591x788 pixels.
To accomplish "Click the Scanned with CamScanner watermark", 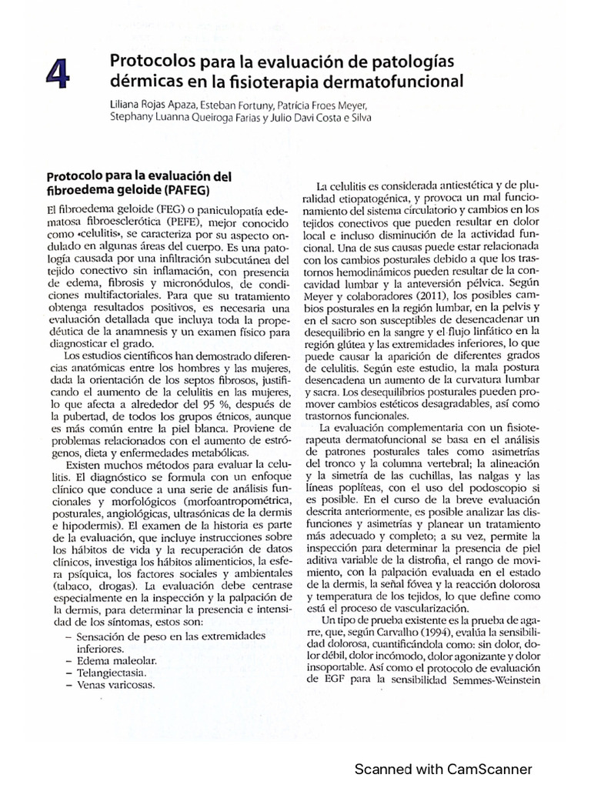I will (442, 768).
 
